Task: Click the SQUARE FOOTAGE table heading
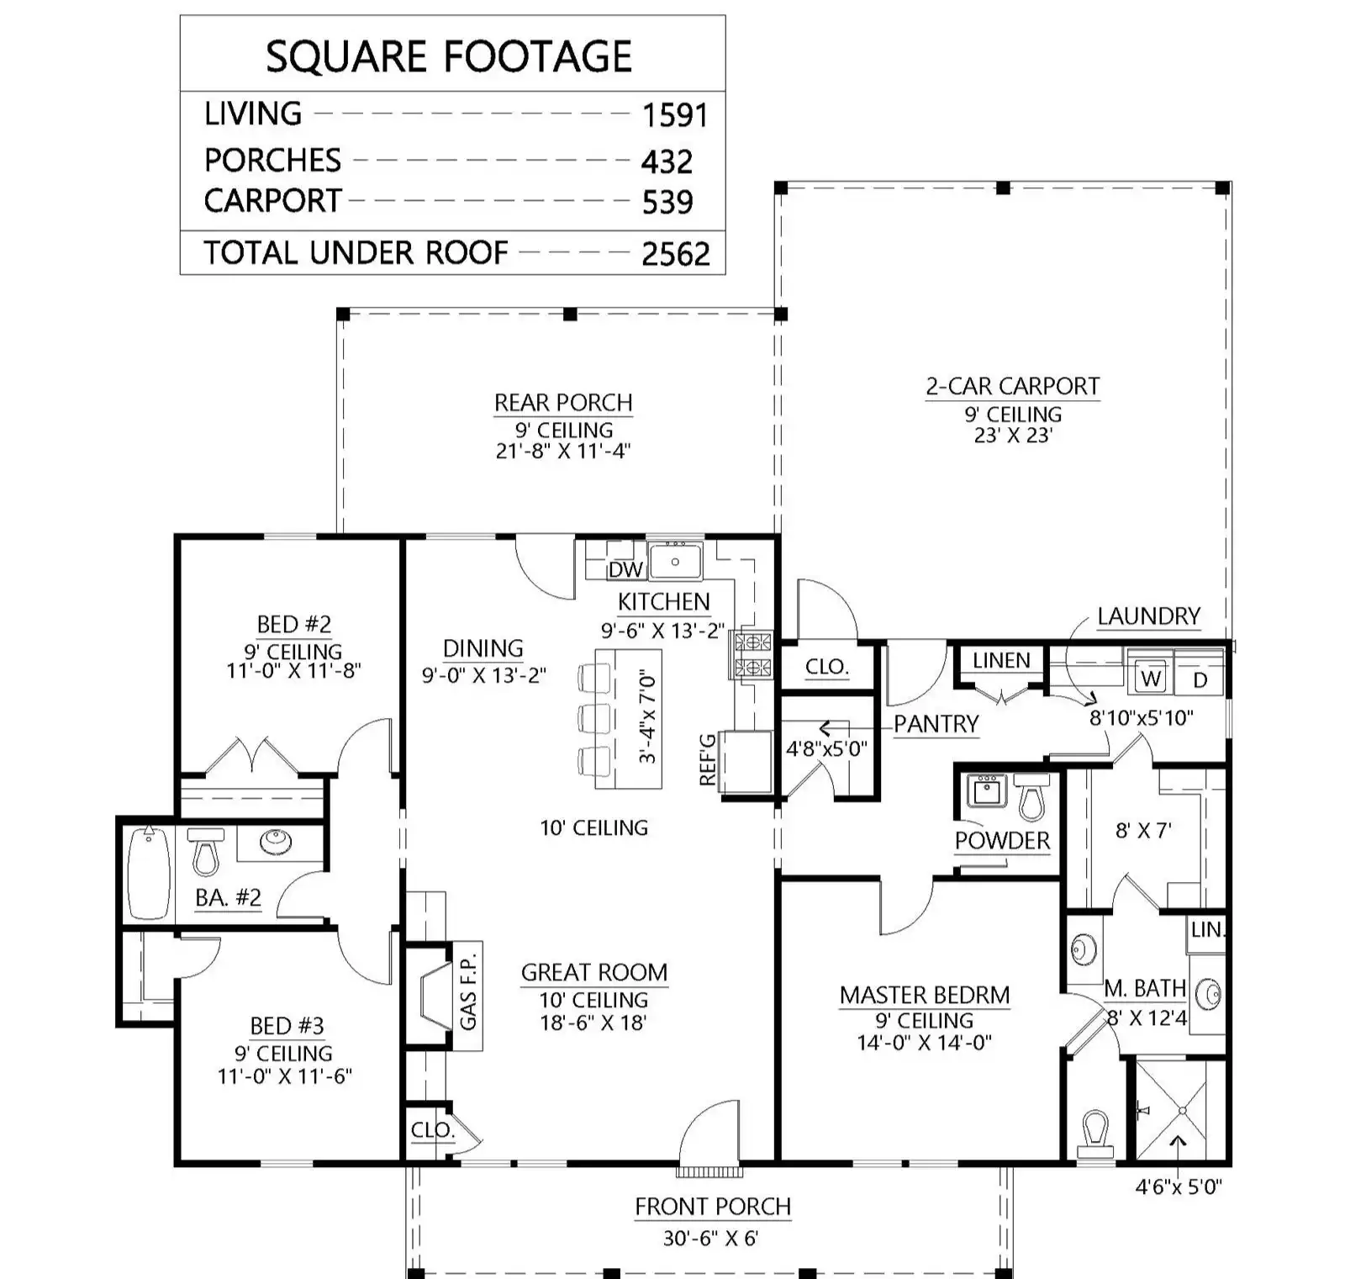point(449,56)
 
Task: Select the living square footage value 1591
point(675,115)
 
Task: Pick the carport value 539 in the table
point(668,202)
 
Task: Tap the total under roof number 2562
point(676,253)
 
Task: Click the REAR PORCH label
point(563,403)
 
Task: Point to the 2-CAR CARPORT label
point(1013,386)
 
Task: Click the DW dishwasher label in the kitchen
point(625,569)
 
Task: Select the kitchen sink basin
point(676,561)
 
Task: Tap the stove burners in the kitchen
point(753,655)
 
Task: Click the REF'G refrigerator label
point(708,759)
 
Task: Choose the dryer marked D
point(1200,679)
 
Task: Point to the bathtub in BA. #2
point(150,873)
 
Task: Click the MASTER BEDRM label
point(925,995)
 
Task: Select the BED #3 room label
point(287,1026)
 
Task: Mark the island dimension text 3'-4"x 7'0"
point(646,716)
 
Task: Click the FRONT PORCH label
point(713,1207)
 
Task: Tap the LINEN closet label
point(1001,661)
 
